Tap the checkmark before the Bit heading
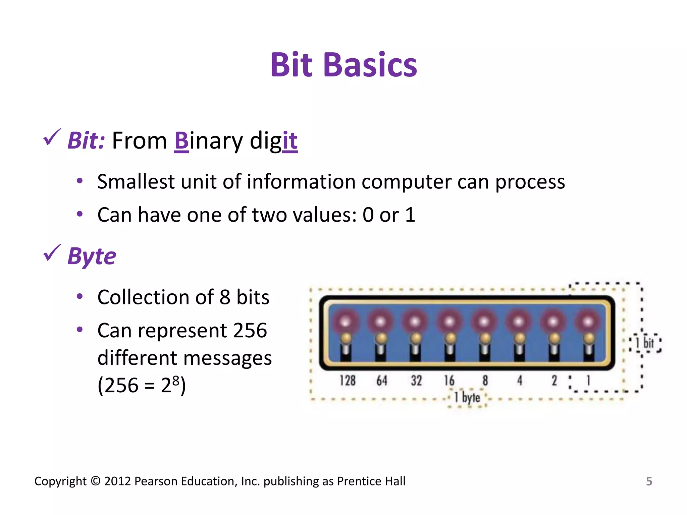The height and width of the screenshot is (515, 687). [x=52, y=137]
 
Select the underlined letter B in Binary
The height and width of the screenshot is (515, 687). [x=181, y=141]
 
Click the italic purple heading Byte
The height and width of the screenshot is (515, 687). [x=92, y=256]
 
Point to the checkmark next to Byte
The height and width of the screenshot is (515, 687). [x=52, y=253]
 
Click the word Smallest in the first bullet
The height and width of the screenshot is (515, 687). [x=136, y=182]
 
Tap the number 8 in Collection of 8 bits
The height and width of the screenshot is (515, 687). [x=225, y=297]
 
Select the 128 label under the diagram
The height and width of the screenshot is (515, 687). [x=347, y=381]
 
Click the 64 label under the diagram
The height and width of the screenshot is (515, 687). [x=382, y=381]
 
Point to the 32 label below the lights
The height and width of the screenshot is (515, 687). [x=416, y=381]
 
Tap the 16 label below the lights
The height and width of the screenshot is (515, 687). [x=449, y=381]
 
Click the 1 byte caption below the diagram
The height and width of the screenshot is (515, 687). [x=467, y=398]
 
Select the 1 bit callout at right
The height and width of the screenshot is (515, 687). [x=645, y=343]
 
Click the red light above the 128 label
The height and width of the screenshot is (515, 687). [x=345, y=322]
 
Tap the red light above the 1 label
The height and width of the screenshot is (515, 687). [x=588, y=322]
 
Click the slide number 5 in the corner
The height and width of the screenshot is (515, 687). [x=649, y=481]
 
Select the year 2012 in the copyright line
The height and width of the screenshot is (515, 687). [x=117, y=481]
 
